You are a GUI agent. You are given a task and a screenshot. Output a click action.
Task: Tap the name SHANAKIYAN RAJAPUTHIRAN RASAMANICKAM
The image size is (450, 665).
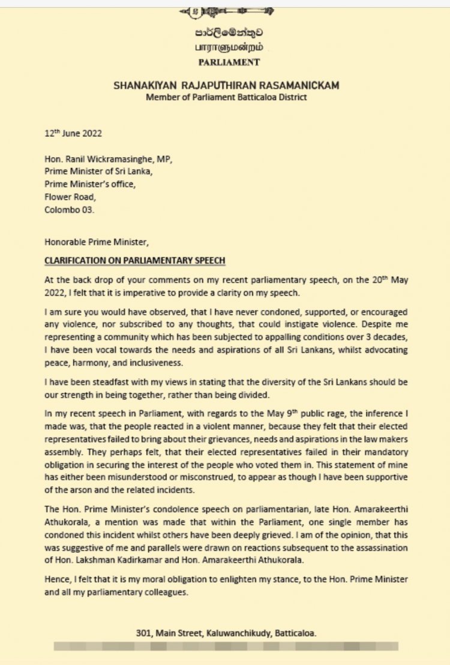pos(226,86)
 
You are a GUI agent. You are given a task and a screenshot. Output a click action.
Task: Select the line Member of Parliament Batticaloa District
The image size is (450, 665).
pos(226,97)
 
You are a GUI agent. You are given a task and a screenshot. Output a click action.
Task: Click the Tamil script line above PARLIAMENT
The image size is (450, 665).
pos(226,47)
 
